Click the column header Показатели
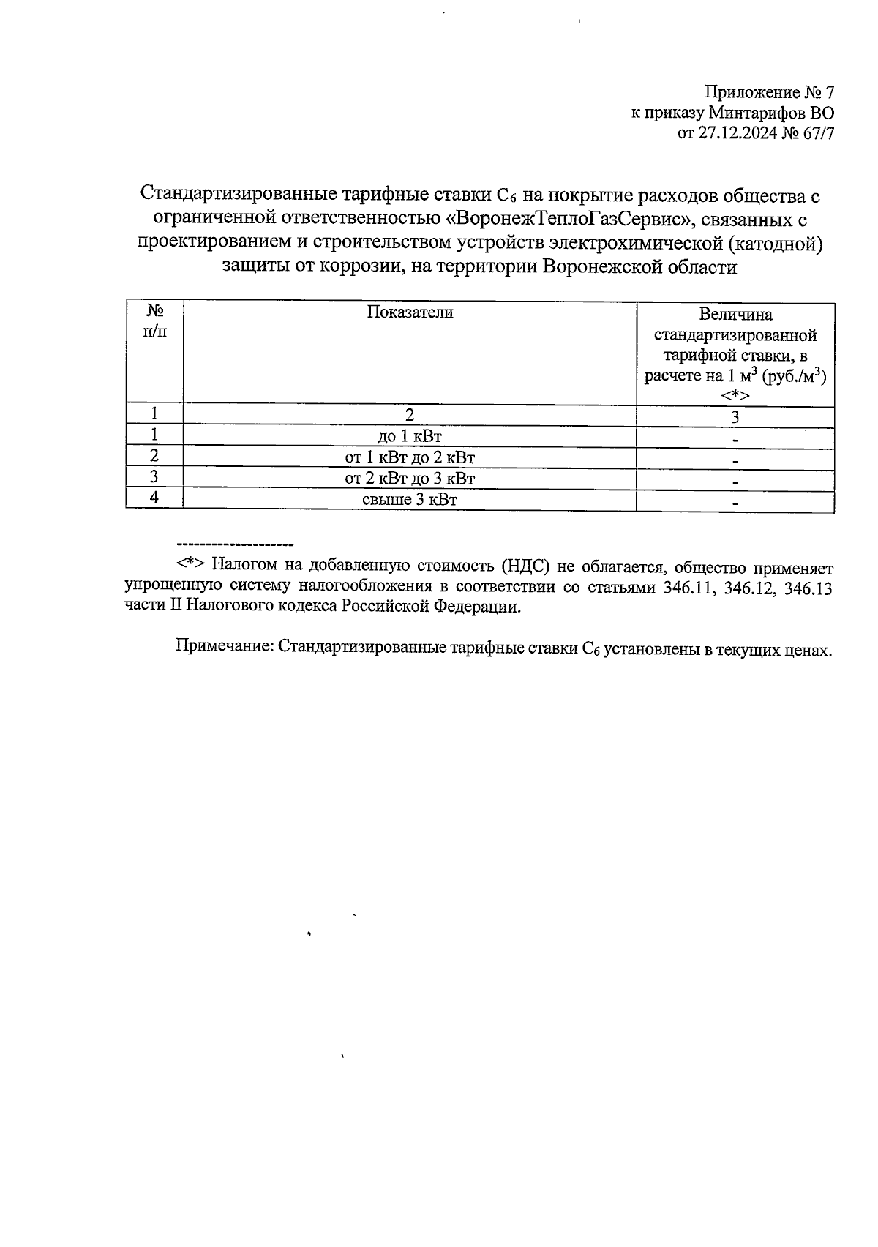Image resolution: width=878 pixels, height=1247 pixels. click(410, 312)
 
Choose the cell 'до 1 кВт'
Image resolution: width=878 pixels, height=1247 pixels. click(410, 437)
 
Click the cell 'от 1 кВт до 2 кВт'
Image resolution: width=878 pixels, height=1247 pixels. click(410, 458)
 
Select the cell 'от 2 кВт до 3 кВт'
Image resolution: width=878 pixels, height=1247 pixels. click(410, 479)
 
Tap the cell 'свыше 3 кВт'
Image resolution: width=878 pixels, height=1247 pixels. click(410, 501)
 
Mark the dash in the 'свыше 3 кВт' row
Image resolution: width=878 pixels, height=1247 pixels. click(735, 503)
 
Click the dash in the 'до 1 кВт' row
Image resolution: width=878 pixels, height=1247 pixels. click(735, 440)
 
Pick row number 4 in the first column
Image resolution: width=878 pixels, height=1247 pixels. click(154, 499)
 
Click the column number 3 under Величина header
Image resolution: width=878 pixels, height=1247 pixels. click(735, 417)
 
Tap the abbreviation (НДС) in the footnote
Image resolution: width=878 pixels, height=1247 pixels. click(526, 567)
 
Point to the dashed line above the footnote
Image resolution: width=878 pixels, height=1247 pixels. click(234, 545)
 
